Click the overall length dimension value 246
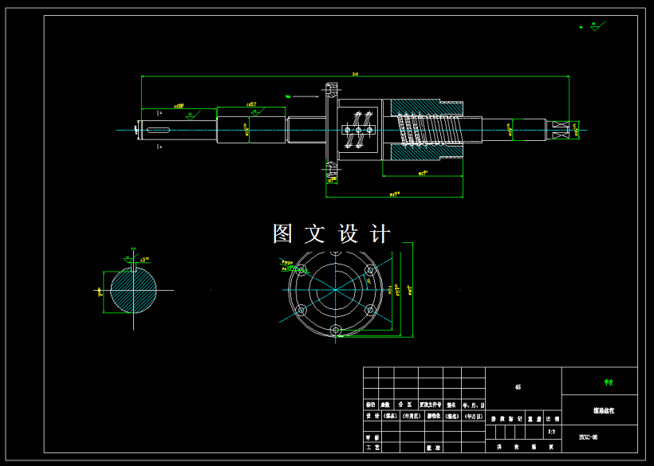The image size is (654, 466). (x=354, y=73)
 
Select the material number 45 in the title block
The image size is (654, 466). (x=518, y=387)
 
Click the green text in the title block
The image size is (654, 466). (x=609, y=382)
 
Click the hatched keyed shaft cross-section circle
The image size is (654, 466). (x=132, y=292)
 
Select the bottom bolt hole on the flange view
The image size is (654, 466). (x=337, y=329)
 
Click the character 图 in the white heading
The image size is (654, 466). (x=283, y=233)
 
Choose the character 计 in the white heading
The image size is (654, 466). (x=381, y=233)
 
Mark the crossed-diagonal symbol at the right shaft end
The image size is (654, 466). (x=564, y=129)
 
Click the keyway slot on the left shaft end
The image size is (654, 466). (x=157, y=129)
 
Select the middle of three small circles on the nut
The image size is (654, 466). (x=359, y=129)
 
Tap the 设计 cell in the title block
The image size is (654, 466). (x=372, y=416)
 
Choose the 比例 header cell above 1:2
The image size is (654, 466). (x=552, y=417)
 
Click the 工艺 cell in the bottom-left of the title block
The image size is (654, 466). (x=372, y=448)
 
